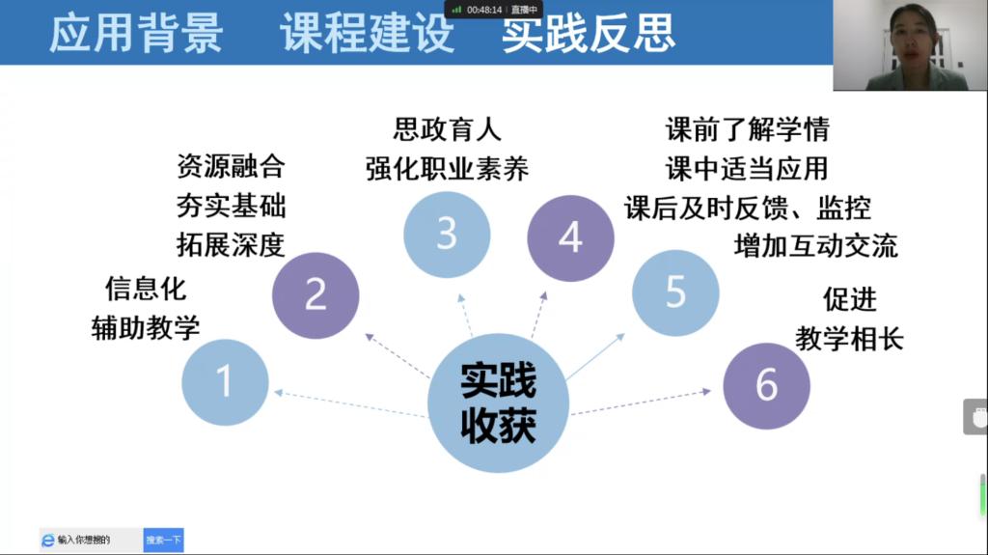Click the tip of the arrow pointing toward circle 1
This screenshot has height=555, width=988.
coord(275,393)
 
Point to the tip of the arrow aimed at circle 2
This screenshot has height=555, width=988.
coord(366,334)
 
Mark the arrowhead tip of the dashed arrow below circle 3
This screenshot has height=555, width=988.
coord(459,293)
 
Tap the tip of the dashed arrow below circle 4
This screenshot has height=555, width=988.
coord(546,291)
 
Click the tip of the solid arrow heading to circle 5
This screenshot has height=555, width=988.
coord(624,334)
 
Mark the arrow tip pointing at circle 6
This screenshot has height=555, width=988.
coord(711,392)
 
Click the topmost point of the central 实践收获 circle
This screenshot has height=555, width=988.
coord(499,333)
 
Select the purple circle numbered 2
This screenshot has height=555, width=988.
coord(316,295)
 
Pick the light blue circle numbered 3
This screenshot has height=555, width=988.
coord(447,234)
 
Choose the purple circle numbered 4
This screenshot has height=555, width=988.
coord(570,237)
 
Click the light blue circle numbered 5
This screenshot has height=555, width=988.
coord(675,292)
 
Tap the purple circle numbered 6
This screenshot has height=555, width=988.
coord(766,385)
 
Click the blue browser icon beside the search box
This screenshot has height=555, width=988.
coord(48,540)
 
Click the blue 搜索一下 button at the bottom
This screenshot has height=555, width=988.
coord(163,540)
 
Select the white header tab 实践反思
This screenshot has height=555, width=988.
coord(589,33)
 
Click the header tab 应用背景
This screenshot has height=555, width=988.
coord(136,33)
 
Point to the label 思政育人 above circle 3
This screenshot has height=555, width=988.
coord(448,129)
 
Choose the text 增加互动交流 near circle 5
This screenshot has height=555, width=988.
coord(816,246)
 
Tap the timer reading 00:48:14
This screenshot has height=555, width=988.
coord(484,10)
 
